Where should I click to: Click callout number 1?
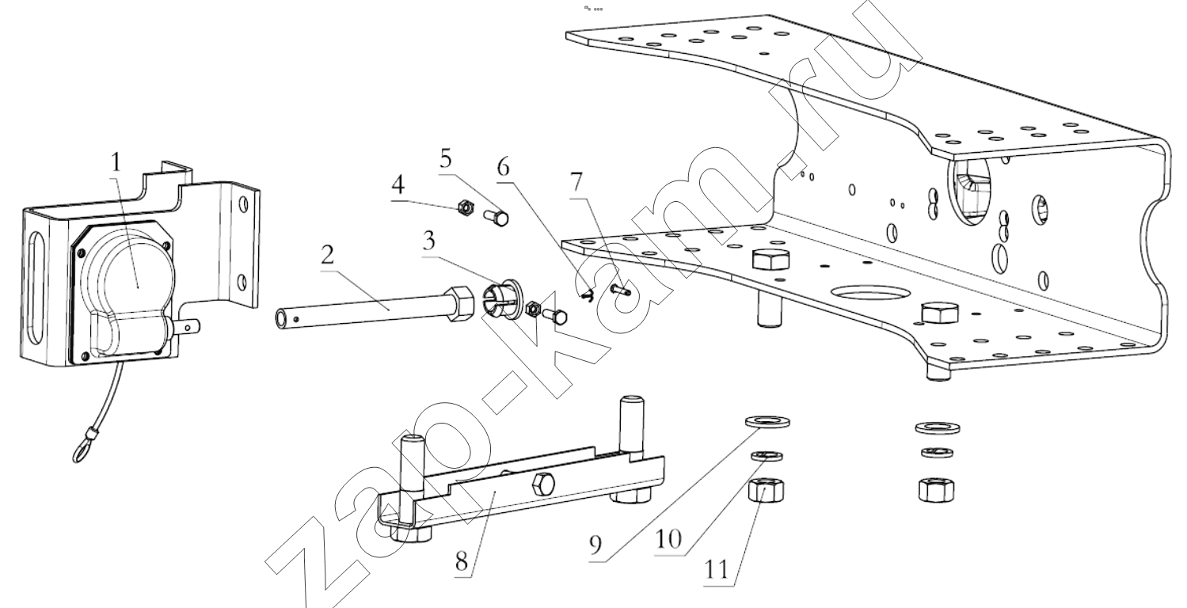click(x=116, y=162)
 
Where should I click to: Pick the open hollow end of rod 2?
click(x=281, y=320)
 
